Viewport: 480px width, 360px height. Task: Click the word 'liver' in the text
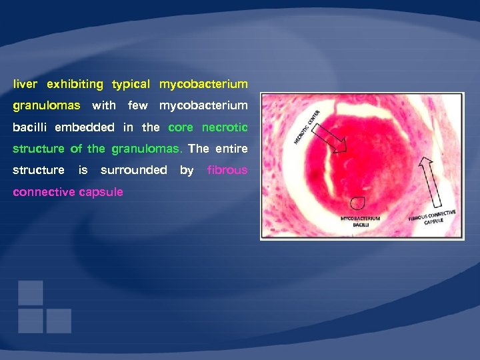coord(25,85)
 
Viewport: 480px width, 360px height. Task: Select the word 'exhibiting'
coord(75,85)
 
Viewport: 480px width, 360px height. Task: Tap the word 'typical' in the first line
coord(131,85)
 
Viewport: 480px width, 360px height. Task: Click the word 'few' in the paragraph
coord(137,106)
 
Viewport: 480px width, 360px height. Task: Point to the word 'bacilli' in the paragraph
coord(31,127)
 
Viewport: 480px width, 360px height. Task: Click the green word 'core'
coord(181,127)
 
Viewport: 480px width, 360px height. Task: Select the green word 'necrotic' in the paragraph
coord(225,127)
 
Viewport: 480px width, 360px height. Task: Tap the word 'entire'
coord(231,149)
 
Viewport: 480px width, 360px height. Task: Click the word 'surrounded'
coord(133,170)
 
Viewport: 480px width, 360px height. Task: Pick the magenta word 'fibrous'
coord(227,170)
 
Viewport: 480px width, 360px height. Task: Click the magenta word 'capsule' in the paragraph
coord(101,192)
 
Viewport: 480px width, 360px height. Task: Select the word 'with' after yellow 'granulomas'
coord(103,106)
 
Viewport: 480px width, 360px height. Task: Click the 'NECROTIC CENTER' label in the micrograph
coord(307,127)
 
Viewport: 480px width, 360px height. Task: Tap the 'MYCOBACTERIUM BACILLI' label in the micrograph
coord(360,222)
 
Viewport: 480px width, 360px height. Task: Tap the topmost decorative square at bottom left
coord(31,293)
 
